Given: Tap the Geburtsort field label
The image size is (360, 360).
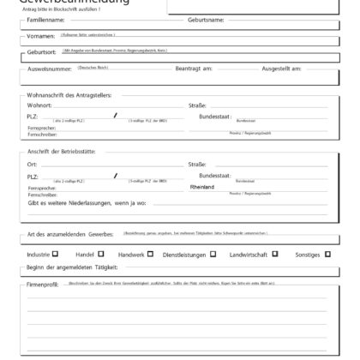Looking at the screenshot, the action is coord(41,53).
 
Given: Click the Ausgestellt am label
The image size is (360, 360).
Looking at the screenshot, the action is coord(280,68).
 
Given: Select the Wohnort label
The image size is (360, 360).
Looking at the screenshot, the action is coord(40,105).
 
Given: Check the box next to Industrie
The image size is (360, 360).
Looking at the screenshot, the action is coord(56,254).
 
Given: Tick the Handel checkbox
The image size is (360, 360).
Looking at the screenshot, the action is coord(101,254).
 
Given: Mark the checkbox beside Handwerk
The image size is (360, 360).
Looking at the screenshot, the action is coord(150,254).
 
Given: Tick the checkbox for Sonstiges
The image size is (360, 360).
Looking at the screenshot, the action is coord(327,254).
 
